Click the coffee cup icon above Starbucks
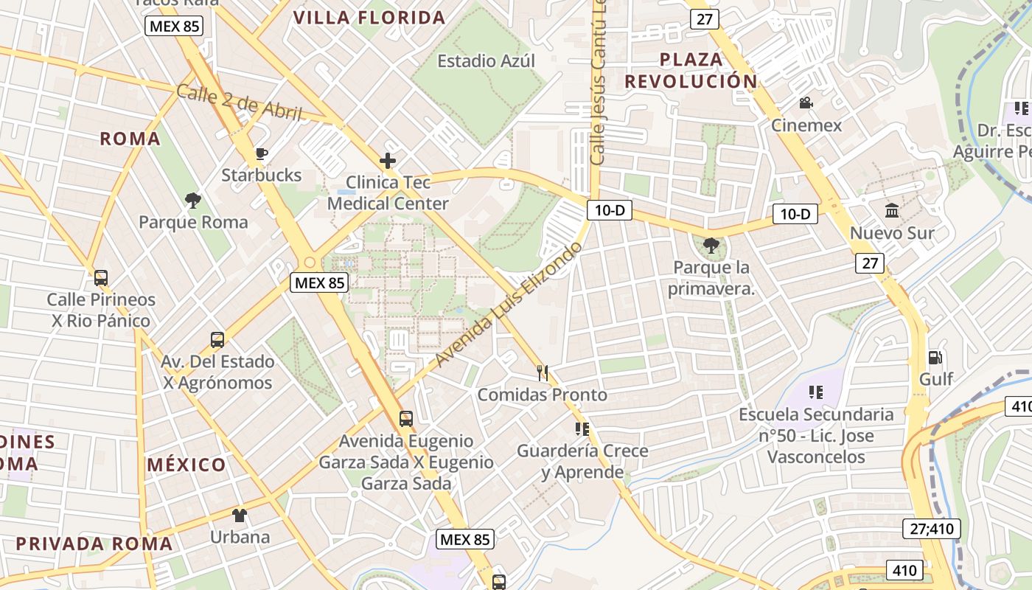260,153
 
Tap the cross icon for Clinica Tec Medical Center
388,161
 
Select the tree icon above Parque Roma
193,200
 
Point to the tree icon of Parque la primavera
711,246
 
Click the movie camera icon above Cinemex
806,103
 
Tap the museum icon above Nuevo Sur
892,211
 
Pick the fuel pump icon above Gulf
935,358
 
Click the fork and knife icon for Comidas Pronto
543,373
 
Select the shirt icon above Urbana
240,515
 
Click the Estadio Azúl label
487,61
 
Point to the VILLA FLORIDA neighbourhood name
369,18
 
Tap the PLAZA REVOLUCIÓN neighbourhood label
691,71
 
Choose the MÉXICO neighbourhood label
186,465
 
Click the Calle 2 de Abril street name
240,103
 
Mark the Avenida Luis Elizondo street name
509,303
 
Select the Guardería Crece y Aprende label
582,461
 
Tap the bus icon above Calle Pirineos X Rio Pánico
101,278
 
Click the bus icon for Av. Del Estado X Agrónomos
217,340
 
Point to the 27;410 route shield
932,529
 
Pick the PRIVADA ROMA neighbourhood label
94,544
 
